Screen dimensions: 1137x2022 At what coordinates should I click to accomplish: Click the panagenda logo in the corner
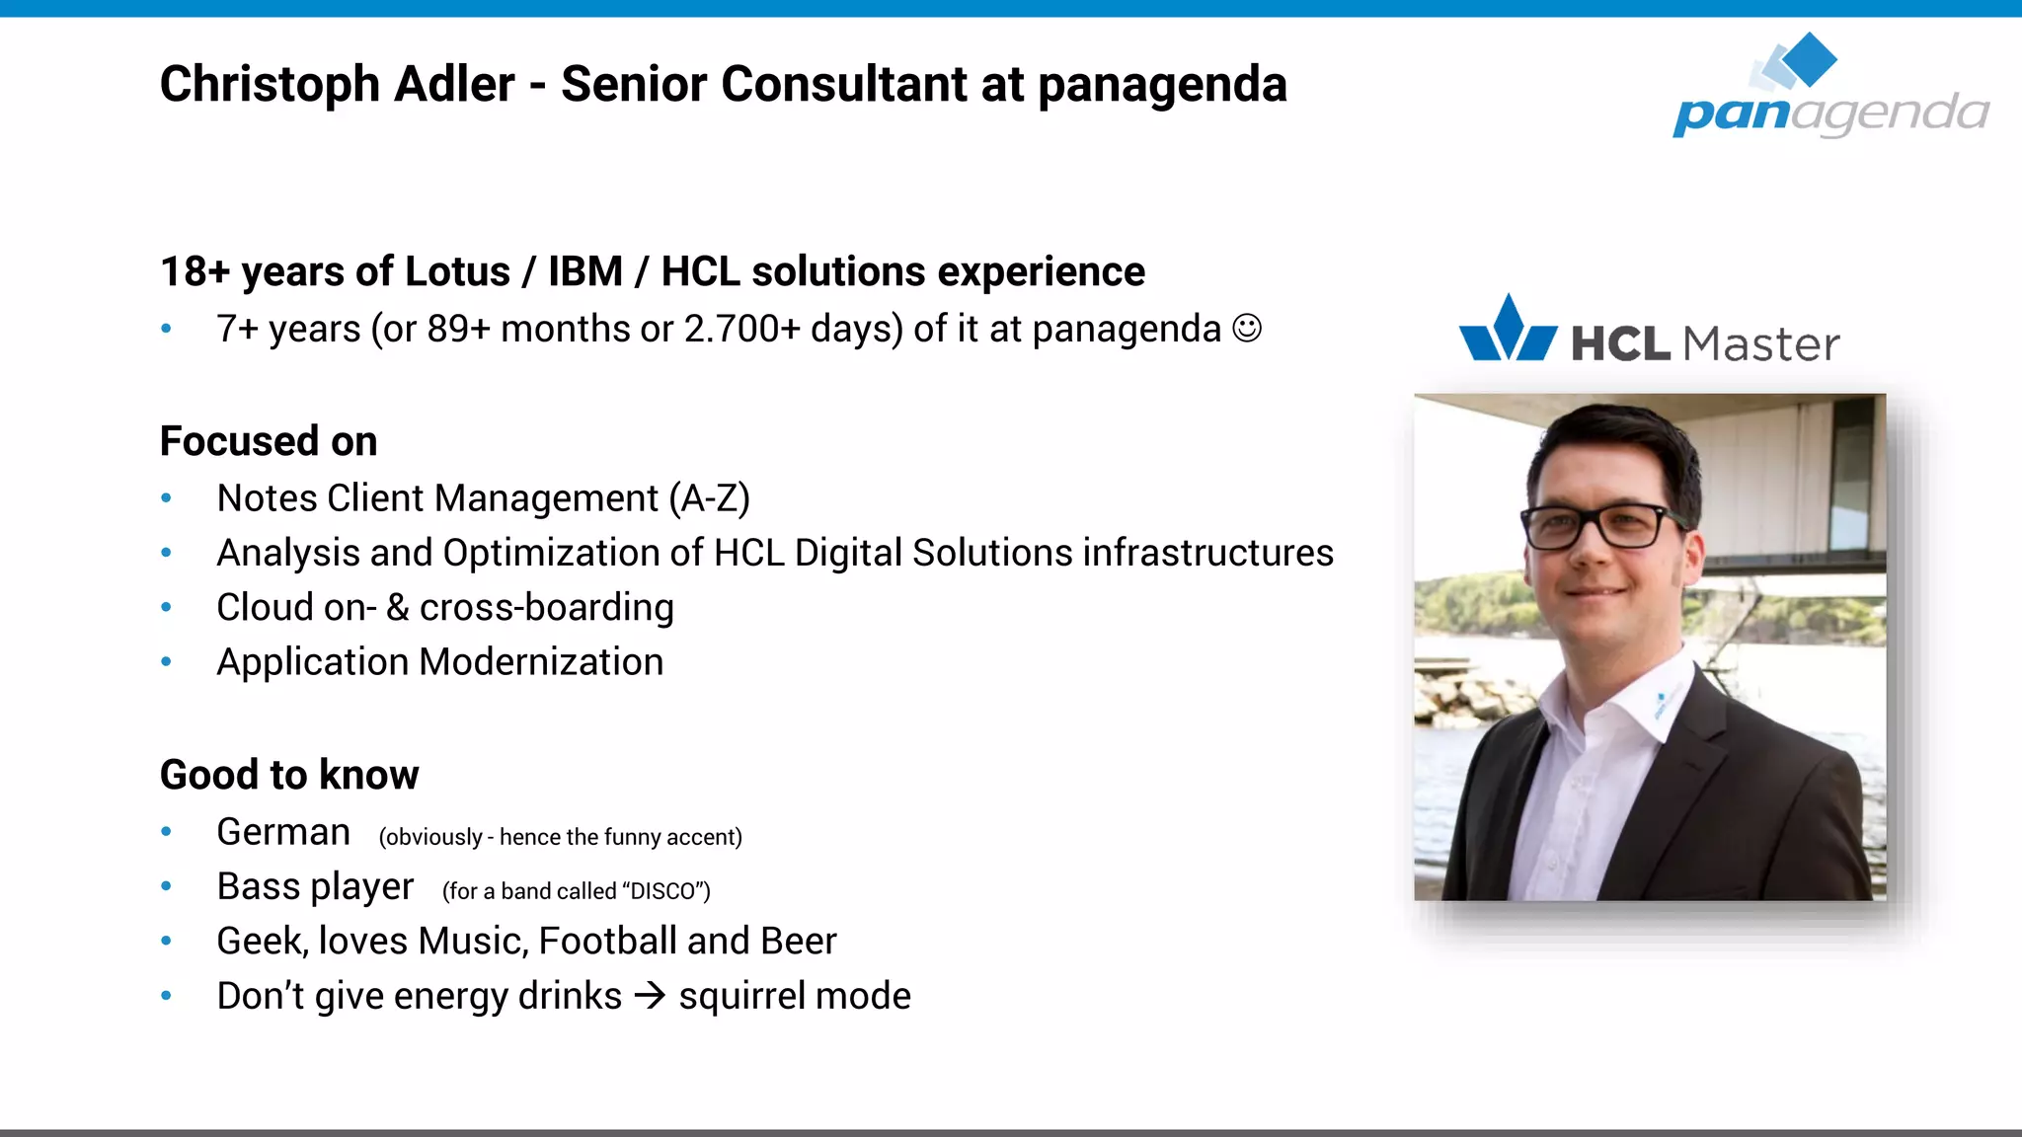point(1829,89)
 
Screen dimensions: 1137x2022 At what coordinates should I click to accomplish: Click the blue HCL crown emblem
point(1508,330)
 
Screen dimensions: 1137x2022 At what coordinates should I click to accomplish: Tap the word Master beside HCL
point(1760,344)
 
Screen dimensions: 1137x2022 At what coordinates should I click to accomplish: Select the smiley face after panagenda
point(1247,329)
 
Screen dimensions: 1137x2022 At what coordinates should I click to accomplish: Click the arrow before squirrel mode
point(650,995)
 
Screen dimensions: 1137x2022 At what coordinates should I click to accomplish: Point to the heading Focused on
point(269,441)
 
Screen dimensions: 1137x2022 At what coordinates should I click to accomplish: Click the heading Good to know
point(289,775)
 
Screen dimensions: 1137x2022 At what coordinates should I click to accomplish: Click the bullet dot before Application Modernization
point(167,662)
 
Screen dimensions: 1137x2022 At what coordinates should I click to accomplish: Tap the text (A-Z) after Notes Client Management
point(709,498)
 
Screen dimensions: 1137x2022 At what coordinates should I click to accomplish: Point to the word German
point(283,832)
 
